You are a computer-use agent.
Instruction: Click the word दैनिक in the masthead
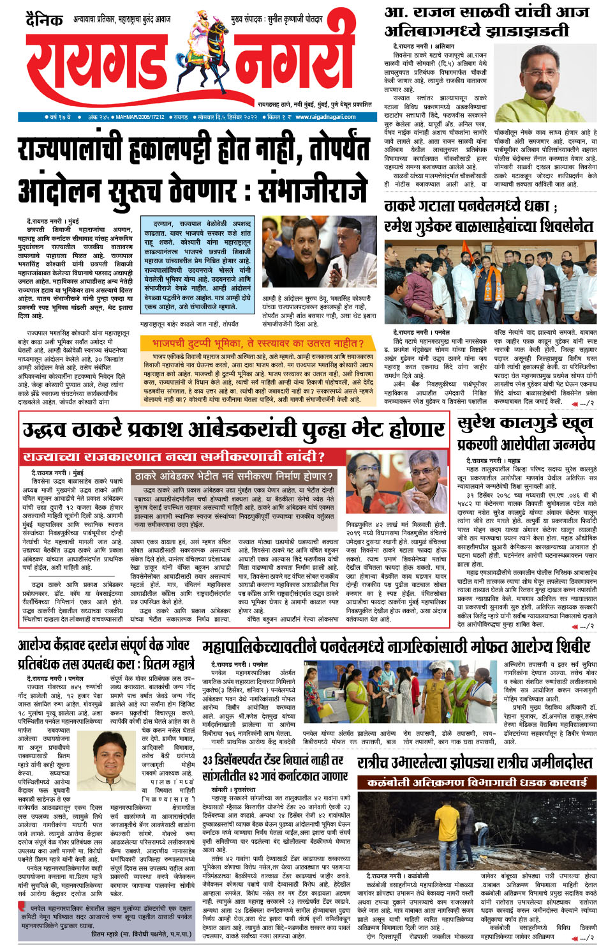[x=44, y=20]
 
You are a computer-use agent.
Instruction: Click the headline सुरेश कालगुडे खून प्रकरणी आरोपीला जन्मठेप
[x=526, y=432]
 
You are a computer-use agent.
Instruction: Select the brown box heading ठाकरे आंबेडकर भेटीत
[x=233, y=477]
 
